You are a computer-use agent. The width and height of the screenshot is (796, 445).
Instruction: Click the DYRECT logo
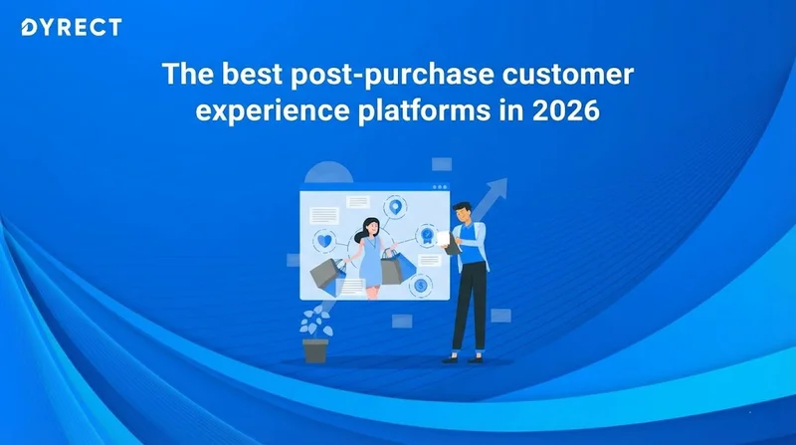pos(72,28)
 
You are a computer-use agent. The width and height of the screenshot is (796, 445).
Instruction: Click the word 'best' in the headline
pos(252,74)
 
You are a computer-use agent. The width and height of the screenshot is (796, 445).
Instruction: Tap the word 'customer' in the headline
pos(568,74)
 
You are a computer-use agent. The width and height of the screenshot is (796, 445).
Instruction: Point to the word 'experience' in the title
pos(273,111)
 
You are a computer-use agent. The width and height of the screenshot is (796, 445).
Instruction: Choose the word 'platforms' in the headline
pos(425,111)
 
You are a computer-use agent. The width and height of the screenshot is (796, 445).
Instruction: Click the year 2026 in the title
pos(566,111)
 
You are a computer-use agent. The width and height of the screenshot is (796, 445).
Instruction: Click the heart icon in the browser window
pos(325,241)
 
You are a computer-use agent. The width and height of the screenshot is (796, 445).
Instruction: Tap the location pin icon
pos(395,207)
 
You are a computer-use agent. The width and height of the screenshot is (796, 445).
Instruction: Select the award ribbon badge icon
pos(428,236)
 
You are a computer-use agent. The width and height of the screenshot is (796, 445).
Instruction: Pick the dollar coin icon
pos(420,286)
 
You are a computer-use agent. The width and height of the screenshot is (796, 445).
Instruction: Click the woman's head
pos(370,227)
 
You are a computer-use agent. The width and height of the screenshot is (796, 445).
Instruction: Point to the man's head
pos(463,213)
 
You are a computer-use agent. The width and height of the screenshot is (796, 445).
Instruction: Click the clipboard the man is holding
pos(449,243)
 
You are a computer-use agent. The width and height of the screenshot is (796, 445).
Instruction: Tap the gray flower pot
pos(315,350)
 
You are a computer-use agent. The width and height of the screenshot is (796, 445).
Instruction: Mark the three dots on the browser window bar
pos(440,187)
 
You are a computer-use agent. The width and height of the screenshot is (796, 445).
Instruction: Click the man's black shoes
pos(462,358)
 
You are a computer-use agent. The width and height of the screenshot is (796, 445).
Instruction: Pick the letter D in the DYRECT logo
pos(28,28)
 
